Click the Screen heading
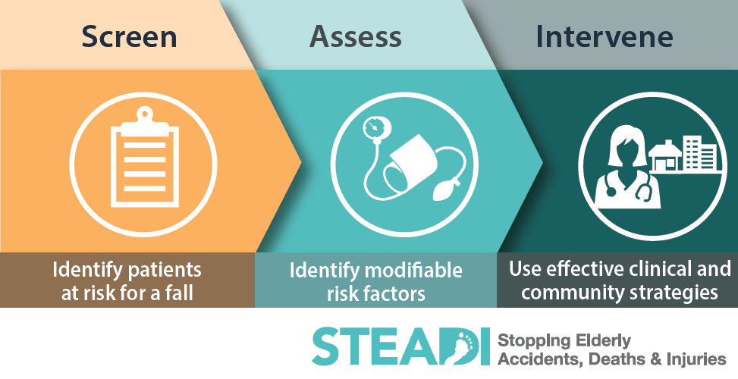[129, 36]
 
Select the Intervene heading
[605, 36]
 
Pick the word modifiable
[419, 270]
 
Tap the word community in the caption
[557, 293]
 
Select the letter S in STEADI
[327, 348]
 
